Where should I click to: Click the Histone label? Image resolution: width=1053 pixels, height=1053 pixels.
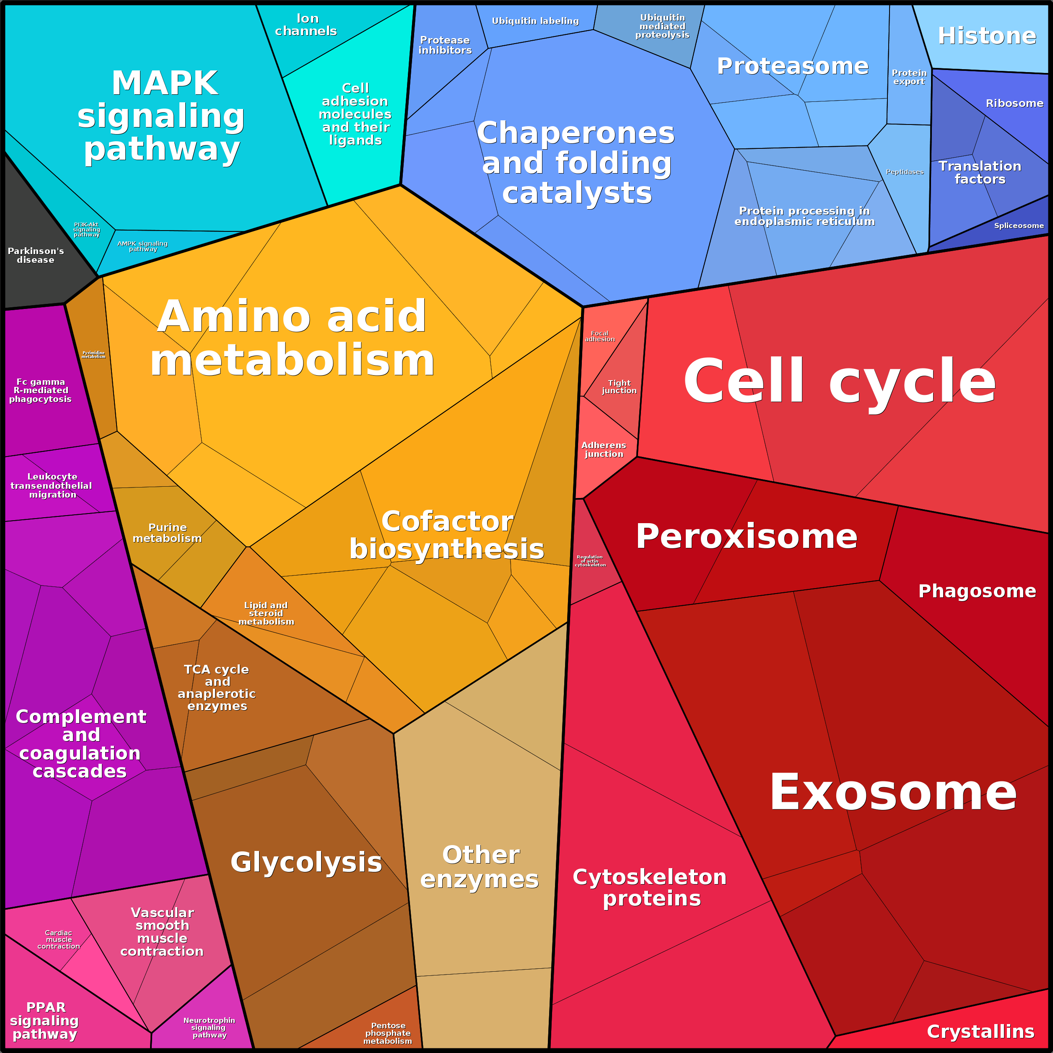pyautogui.click(x=986, y=36)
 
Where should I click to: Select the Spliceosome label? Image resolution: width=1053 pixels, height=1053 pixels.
pyautogui.click(x=1019, y=226)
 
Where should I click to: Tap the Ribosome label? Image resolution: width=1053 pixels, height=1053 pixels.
pyautogui.click(x=1014, y=103)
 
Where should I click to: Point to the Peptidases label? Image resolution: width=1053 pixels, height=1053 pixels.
pyautogui.click(x=905, y=172)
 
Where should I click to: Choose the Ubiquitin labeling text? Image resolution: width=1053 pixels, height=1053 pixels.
pyautogui.click(x=535, y=21)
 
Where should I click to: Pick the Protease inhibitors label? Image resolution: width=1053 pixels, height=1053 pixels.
pyautogui.click(x=445, y=45)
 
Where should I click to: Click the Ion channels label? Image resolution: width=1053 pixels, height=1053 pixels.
pyautogui.click(x=306, y=25)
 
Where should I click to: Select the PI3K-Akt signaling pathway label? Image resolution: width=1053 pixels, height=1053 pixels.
pyautogui.click(x=87, y=229)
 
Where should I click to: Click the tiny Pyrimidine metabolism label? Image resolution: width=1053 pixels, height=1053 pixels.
pyautogui.click(x=93, y=355)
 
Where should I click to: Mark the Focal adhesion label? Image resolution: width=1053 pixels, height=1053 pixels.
pyautogui.click(x=599, y=336)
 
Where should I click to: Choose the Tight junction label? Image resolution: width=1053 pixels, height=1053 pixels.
pyautogui.click(x=619, y=386)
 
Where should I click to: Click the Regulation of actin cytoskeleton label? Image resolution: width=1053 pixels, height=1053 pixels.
pyautogui.click(x=590, y=561)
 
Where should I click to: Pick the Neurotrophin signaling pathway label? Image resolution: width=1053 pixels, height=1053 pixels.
pyautogui.click(x=209, y=1027)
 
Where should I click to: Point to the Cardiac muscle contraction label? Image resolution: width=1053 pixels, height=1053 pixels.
pyautogui.click(x=58, y=940)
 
